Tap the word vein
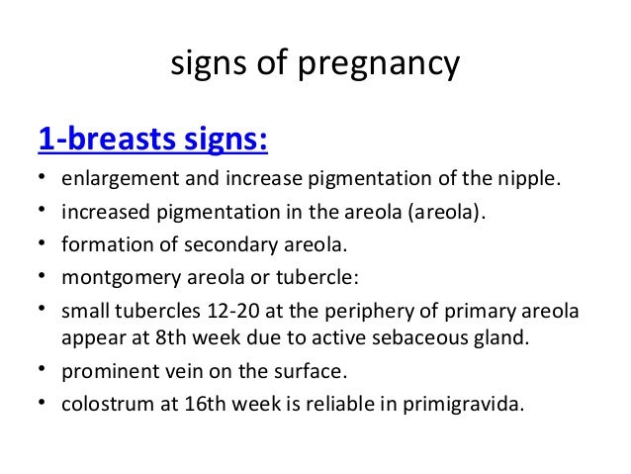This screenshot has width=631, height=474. [176, 373]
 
